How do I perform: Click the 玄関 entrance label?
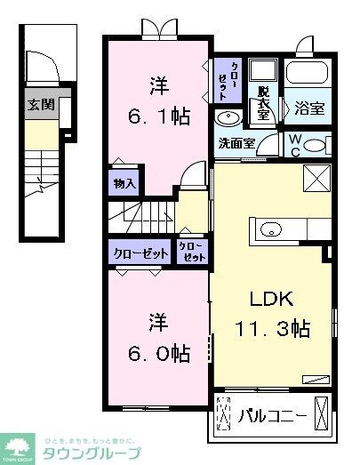(x=41, y=104)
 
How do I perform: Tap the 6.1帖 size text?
(x=160, y=116)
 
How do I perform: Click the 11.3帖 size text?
(x=273, y=329)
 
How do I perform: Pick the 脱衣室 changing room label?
(x=263, y=105)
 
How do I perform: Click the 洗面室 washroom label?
(x=236, y=142)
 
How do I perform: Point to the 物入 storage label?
(x=124, y=184)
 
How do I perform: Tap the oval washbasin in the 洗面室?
(x=225, y=117)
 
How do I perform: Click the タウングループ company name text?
(x=92, y=452)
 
